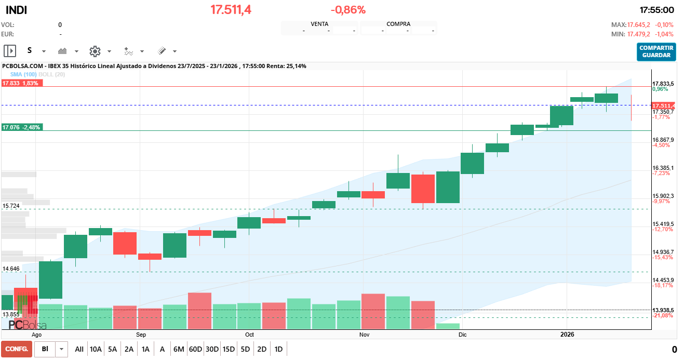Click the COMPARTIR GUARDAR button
tap(656, 51)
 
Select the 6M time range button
tap(179, 349)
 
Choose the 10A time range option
tap(96, 349)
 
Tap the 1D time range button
tap(278, 349)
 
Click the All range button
tap(79, 349)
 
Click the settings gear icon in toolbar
tap(95, 51)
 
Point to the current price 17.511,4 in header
tap(231, 10)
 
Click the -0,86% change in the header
tap(348, 10)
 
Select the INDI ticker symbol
tap(17, 10)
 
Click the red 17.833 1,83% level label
tap(21, 83)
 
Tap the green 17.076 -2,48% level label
tap(21, 127)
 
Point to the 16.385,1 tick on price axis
tap(663, 168)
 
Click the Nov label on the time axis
tap(364, 335)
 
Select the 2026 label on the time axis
tap(567, 335)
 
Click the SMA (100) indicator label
tap(23, 75)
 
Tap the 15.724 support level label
tap(11, 206)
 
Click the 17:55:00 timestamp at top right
tap(656, 10)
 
